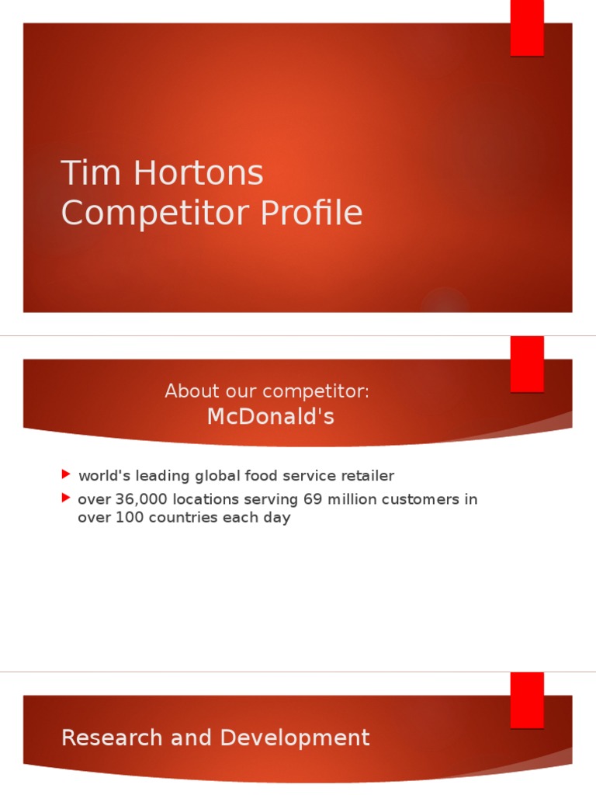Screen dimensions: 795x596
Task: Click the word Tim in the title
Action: [81, 173]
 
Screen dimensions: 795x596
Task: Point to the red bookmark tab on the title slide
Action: [527, 29]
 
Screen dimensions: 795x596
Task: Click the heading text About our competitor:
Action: [267, 392]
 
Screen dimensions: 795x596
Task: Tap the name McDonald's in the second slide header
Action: [270, 417]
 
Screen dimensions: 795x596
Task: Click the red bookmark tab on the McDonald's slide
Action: [527, 364]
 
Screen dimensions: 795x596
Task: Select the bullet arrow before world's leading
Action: [66, 474]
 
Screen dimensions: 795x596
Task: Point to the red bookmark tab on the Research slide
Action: [527, 700]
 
